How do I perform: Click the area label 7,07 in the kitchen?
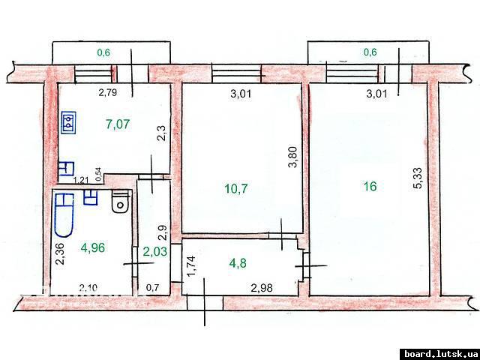pos(118,124)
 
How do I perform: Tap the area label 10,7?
pos(236,188)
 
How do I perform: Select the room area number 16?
pos(370,186)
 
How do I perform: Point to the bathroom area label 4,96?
pos(93,247)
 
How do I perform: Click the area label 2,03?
pos(155,252)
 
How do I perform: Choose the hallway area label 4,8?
pos(238,263)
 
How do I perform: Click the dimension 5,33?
pos(418,178)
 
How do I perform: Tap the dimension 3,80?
pos(293,157)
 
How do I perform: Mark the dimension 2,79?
pos(108,92)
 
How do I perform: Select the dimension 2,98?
pos(262,288)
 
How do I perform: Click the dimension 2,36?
pos(59,253)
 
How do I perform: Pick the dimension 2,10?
pos(88,288)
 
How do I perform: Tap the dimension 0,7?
pos(152,288)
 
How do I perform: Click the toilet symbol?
pos(121,201)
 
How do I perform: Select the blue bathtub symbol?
pos(64,215)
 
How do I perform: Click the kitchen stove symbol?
pos(68,122)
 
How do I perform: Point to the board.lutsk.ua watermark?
pos(439,353)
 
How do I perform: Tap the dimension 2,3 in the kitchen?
pos(162,133)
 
